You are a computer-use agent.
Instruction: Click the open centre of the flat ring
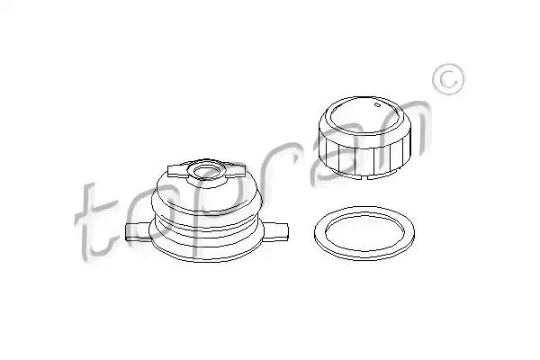click(x=364, y=232)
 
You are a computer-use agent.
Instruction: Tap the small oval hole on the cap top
click(x=378, y=104)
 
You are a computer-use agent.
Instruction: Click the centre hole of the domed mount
click(x=207, y=171)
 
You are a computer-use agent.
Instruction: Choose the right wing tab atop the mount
click(x=235, y=171)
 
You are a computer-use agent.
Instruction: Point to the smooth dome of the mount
click(x=207, y=194)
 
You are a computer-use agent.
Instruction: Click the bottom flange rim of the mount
click(x=207, y=253)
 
